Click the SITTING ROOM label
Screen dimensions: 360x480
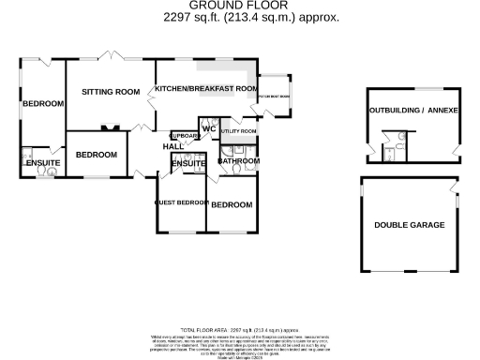click(x=111, y=92)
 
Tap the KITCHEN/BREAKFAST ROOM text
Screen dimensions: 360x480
click(x=206, y=88)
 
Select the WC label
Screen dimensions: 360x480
click(x=209, y=128)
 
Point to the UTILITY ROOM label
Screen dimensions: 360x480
click(x=237, y=131)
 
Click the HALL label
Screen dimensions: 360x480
click(x=173, y=147)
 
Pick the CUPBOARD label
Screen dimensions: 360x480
click(x=184, y=135)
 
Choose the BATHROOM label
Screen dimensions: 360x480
click(x=238, y=161)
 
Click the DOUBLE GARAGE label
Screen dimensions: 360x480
click(x=409, y=226)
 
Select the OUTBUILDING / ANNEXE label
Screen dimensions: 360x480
click(x=409, y=111)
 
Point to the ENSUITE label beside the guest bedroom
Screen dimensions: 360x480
click(x=188, y=165)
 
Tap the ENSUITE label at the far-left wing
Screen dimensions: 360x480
click(x=42, y=164)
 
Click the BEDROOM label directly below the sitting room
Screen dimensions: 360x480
click(x=96, y=155)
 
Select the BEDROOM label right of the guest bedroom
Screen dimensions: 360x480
click(x=231, y=205)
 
